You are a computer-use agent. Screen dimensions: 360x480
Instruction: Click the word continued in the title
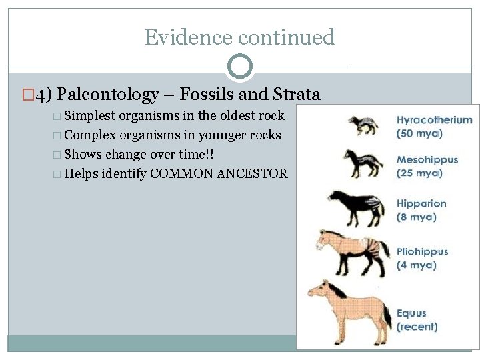[287, 37]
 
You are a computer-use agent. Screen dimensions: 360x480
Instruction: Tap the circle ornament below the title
[239, 66]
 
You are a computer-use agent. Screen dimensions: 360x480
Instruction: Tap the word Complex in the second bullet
[89, 135]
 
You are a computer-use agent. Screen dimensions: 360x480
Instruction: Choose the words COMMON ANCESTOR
[219, 174]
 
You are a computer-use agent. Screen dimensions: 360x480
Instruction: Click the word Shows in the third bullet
[83, 154]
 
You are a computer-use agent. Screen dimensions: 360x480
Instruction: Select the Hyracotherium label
[434, 121]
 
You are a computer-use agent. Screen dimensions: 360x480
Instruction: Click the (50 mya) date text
[419, 133]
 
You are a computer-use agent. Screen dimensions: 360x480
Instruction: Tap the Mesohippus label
[427, 160]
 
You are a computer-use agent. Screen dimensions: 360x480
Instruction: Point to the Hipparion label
[421, 203]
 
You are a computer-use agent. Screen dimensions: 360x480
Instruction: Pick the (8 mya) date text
[417, 216]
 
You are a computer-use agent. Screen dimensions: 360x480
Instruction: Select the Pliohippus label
[422, 252]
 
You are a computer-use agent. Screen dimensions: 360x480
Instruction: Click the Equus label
[411, 313]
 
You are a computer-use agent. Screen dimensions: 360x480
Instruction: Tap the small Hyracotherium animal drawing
[361, 125]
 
